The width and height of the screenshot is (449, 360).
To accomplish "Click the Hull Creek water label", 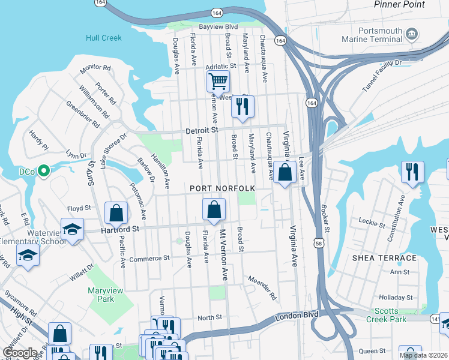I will coord(103,38).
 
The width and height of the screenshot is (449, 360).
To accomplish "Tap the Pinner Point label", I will coord(399,4).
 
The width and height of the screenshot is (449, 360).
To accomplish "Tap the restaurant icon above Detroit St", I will coord(243,107).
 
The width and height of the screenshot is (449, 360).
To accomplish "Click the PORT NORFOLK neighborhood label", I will coord(222,188).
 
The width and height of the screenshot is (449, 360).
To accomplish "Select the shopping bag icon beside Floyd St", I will coord(116,212).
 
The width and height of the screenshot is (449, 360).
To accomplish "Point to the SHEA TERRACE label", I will coord(384,258).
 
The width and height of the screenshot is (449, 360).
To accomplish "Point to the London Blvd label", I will coord(295,317).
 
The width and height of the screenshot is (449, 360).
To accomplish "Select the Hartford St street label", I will coord(119,229).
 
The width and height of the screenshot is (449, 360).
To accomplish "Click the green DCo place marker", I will coord(43,172).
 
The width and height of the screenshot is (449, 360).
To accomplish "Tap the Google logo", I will coord(20,353).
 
